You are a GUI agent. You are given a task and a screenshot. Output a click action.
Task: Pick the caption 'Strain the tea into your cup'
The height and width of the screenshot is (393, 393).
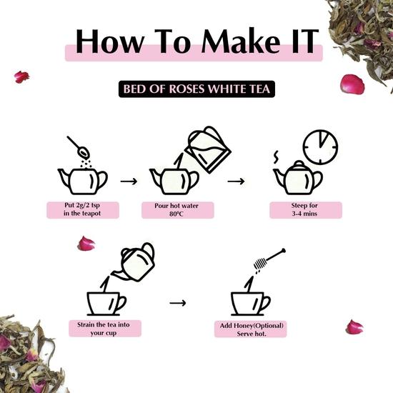coord(104,328)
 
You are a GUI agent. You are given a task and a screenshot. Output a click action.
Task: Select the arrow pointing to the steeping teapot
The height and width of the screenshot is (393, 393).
coord(236,181)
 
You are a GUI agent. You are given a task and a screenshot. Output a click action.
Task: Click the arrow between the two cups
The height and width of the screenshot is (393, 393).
coord(177,303)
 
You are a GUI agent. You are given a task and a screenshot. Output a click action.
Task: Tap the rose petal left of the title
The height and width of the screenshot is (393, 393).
coord(22,76)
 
